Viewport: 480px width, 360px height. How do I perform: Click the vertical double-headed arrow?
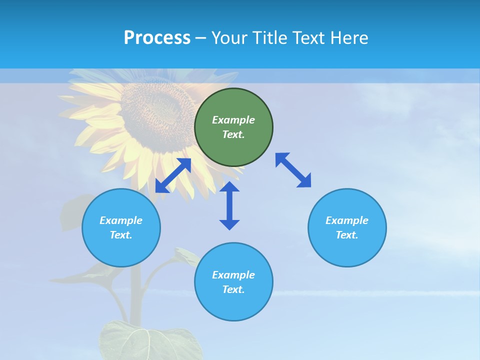(x=229, y=205)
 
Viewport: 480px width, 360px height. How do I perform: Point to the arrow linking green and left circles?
(x=173, y=175)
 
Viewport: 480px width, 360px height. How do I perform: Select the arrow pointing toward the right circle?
(x=293, y=170)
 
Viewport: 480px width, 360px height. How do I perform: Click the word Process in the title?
(x=157, y=38)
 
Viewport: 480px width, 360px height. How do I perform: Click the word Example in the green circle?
(x=233, y=120)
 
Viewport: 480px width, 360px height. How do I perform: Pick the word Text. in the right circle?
(x=347, y=235)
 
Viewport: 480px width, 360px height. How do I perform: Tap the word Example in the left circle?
(x=121, y=220)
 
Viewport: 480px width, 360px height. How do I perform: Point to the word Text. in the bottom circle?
(x=233, y=289)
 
